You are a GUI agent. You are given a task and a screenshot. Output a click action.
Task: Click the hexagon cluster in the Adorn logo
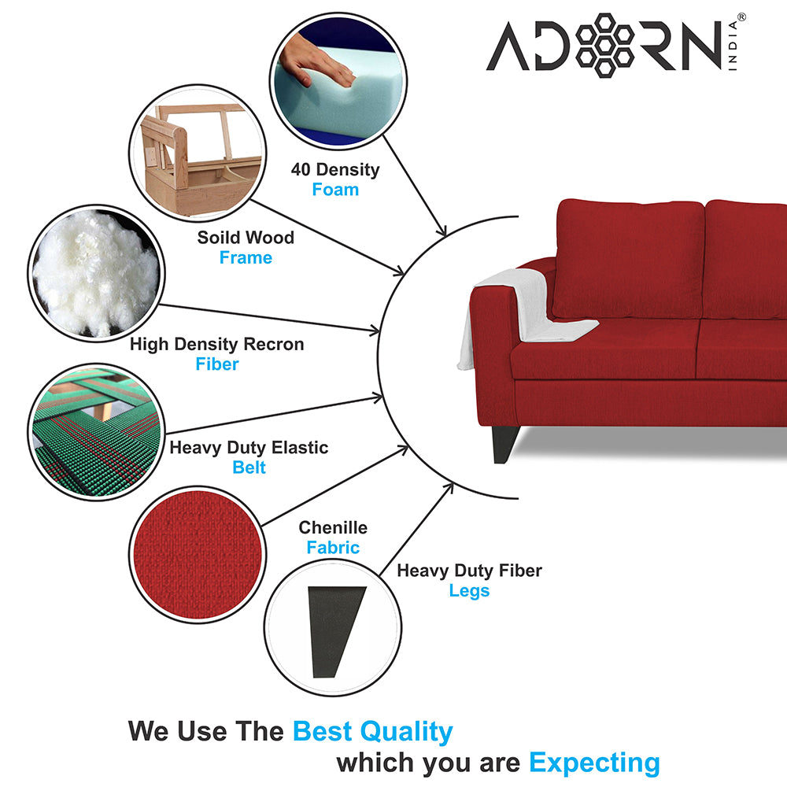coord(604,45)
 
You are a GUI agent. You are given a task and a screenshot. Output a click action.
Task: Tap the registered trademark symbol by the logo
coord(741,17)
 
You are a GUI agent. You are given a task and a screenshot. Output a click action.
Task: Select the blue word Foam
coord(335,190)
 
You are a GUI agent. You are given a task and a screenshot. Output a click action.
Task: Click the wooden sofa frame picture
coord(198,153)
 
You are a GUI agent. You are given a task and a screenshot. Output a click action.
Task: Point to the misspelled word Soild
coord(217,238)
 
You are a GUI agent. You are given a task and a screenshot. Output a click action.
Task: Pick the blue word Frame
coord(246,257)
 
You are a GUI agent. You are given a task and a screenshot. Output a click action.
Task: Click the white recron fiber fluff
coord(95,274)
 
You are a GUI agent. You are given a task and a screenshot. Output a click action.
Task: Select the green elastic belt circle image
coord(97,432)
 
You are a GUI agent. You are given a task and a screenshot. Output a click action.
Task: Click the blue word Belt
coord(249,467)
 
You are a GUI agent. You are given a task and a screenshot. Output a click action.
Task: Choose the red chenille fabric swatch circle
coord(198,555)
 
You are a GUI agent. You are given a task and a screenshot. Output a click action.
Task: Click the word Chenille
coord(333,527)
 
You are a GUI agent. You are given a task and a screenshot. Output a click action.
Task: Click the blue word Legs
coord(469,591)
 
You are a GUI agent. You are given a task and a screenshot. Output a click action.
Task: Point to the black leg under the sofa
coord(504,444)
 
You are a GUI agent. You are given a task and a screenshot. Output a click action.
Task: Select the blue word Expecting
coord(595,763)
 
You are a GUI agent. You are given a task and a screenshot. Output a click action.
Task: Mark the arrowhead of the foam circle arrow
coord(442,230)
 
